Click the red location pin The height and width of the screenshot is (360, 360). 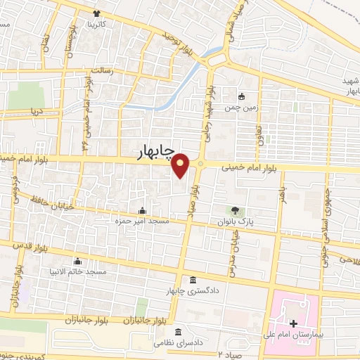[x=181, y=166]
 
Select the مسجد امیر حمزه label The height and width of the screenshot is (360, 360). [x=135, y=221]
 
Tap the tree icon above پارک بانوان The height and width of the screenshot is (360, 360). [x=235, y=210]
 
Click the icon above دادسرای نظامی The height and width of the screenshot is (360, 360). [x=178, y=331]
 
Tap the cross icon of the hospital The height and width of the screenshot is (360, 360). [x=293, y=326]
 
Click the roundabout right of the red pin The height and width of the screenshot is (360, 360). [x=201, y=165]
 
